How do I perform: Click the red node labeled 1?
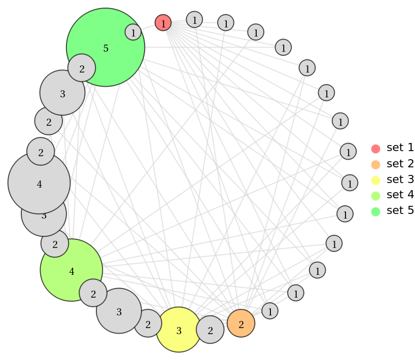pyautogui.click(x=163, y=23)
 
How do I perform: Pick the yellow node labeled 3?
pyautogui.click(x=179, y=331)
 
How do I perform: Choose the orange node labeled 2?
pyautogui.click(x=241, y=323)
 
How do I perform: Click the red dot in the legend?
pyautogui.click(x=375, y=149)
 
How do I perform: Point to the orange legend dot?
pyautogui.click(x=375, y=164)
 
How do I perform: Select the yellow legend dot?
pyautogui.click(x=375, y=180)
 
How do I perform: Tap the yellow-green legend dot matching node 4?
pyautogui.click(x=375, y=196)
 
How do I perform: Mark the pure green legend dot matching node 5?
pyautogui.click(x=375, y=211)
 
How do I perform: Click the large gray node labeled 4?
pyautogui.click(x=39, y=184)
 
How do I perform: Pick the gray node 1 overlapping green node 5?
pyautogui.click(x=133, y=32)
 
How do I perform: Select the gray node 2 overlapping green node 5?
pyautogui.click(x=82, y=68)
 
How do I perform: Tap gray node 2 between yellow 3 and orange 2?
pyautogui.click(x=210, y=330)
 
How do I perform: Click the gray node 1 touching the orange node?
pyautogui.click(x=270, y=310)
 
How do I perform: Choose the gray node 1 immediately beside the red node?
pyautogui.click(x=194, y=19)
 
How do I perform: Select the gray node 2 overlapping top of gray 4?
pyautogui.click(x=41, y=152)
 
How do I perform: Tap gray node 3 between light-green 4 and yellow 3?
pyautogui.click(x=119, y=311)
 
